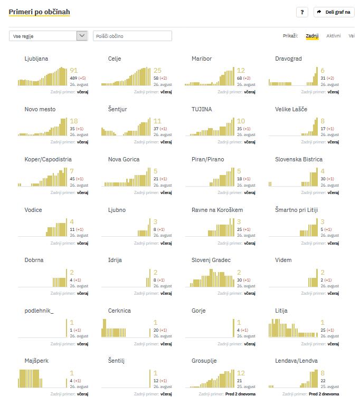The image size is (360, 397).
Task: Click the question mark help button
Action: (302, 12)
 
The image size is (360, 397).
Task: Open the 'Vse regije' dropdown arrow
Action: (82, 36)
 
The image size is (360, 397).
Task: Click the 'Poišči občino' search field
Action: (132, 36)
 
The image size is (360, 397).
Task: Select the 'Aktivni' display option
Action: (333, 36)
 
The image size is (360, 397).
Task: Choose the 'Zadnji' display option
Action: (312, 36)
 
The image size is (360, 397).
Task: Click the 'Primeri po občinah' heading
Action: (40, 12)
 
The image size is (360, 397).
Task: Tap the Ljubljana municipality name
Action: (36, 59)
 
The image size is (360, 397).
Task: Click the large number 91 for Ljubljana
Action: (74, 71)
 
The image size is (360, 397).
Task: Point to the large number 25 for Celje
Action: (157, 71)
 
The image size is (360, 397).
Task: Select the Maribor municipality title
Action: (202, 59)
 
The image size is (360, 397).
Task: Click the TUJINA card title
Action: (202, 109)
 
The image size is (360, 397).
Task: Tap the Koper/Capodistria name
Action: (48, 159)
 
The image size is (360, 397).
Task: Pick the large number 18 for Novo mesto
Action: (74, 121)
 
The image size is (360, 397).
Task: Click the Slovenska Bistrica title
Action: (299, 159)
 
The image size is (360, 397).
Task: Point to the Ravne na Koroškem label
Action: (217, 210)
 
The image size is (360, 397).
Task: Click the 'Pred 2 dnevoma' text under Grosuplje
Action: (240, 394)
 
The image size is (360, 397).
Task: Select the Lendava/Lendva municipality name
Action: (296, 361)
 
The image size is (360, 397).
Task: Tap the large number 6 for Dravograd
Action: (323, 71)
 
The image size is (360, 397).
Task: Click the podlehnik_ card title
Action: (39, 311)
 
